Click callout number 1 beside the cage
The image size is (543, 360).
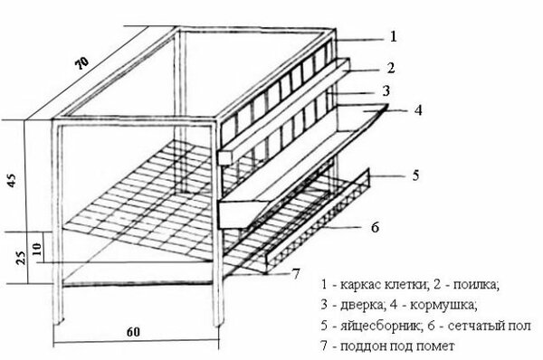pos(393,36)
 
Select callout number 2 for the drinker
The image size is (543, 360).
pos(391,68)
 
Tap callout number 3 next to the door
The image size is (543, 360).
pos(386,90)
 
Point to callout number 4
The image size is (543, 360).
pos(418,110)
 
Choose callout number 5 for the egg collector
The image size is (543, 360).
pos(415,175)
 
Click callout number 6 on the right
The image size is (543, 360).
pos(375,227)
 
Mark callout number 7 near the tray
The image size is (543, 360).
pos(296,274)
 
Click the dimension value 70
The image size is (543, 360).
pos(82,62)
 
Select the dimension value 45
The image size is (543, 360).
pos(12,180)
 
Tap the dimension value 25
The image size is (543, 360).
pos(21,258)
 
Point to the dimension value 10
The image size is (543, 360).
pos(37,249)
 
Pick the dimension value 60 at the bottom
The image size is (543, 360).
pos(133,332)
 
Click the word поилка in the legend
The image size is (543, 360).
pos(475,285)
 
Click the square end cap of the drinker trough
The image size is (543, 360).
pos(225,158)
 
